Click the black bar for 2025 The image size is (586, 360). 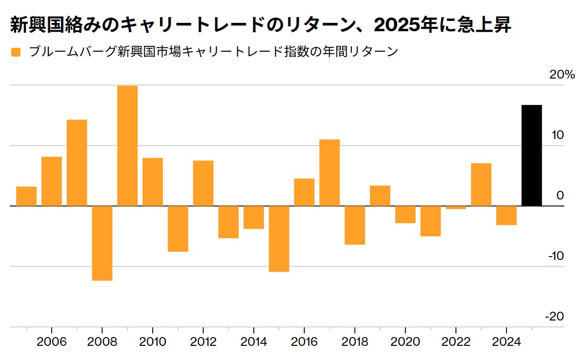tap(531, 155)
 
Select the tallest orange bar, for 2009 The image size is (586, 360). tap(127, 145)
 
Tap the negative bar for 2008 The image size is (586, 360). tap(102, 243)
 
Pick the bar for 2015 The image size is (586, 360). tap(279, 239)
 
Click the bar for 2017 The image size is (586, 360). tap(329, 173)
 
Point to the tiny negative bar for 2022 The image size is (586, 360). tap(456, 208)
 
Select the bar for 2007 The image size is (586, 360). tap(77, 162)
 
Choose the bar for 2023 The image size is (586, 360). tap(481, 184)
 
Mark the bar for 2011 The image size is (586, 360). tap(178, 228)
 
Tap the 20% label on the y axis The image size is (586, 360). tap(562, 75)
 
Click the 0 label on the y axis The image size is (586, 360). tap(560, 196)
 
